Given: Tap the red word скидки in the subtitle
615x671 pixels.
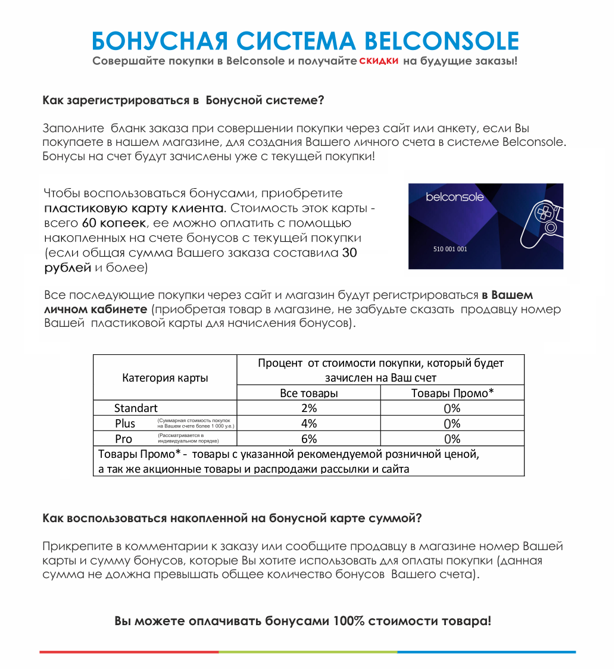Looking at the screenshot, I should tap(379, 61).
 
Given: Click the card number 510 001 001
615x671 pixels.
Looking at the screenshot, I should tap(450, 249).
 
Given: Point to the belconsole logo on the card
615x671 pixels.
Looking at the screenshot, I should tap(455, 197).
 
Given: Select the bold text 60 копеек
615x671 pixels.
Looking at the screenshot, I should tap(113, 223).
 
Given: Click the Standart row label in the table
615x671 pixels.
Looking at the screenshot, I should tap(136, 408).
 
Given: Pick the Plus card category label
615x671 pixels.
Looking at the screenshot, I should tap(125, 424).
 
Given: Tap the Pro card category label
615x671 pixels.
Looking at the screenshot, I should tap(123, 439).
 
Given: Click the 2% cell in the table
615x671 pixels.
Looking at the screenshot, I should tap(308, 408).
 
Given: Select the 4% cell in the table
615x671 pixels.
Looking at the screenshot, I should tap(308, 424).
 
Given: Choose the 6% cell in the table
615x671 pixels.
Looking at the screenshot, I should tap(308, 439).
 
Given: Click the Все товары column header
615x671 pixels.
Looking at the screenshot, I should tap(308, 393).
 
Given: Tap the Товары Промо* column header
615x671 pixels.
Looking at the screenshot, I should tap(452, 393).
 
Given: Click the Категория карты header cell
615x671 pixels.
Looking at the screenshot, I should tap(165, 378).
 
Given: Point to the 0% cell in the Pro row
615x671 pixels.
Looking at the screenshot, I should tap(452, 439).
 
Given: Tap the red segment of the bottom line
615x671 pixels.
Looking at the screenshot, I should tap(129, 652).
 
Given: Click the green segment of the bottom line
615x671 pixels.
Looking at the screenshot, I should tap(307, 652).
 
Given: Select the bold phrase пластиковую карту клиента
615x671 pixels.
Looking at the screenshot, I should tap(135, 208).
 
